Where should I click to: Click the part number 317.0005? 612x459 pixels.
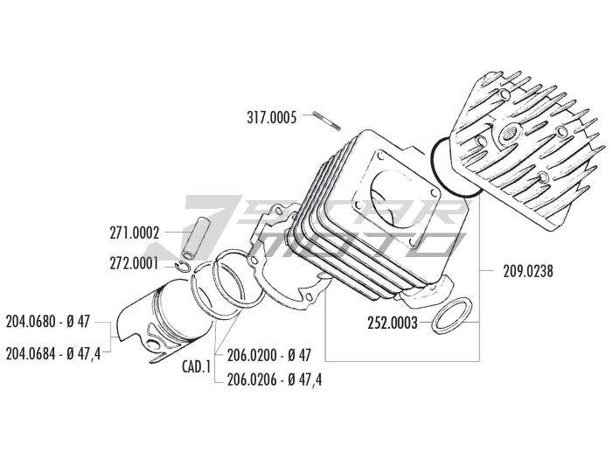pos(274,115)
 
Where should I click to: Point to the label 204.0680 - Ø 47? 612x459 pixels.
pos(48,321)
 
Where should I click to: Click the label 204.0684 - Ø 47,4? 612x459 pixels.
pos(52,353)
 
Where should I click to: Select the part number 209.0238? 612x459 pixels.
pos(529,271)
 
